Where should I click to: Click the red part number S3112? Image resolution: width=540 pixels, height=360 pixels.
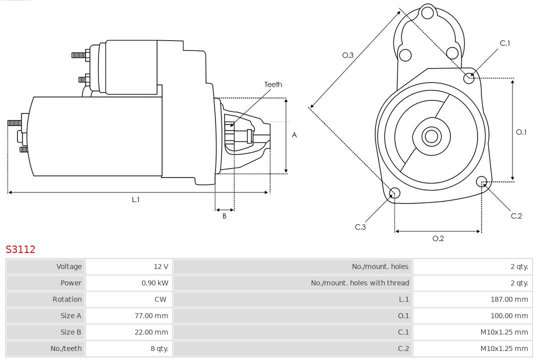point(20,249)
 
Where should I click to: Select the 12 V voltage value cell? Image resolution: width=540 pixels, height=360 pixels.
point(161,266)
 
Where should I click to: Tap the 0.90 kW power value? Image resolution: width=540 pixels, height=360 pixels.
point(155,283)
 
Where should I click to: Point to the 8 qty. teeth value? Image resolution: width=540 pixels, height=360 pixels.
point(157,348)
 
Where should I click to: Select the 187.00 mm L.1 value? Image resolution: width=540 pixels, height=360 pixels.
point(509,299)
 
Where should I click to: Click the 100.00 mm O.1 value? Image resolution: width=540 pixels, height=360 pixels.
point(509,315)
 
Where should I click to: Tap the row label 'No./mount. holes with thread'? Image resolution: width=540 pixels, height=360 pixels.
point(359,283)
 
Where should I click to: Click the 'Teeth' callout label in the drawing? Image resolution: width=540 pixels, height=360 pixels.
point(273,84)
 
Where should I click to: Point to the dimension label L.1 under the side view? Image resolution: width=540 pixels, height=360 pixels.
point(135,199)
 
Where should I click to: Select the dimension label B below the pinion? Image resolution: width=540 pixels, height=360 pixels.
point(224,216)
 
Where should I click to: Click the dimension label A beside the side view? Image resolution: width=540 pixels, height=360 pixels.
point(294,135)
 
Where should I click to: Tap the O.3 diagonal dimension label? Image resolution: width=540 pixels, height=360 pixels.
point(347,55)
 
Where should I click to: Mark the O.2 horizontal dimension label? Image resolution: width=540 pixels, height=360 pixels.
point(438,238)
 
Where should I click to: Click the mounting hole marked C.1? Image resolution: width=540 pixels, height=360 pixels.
point(469,77)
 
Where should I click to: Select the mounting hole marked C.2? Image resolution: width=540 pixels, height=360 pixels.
point(481,181)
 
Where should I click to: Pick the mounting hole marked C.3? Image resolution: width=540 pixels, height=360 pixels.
point(394,193)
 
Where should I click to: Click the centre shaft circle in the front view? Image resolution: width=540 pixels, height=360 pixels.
point(430,136)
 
